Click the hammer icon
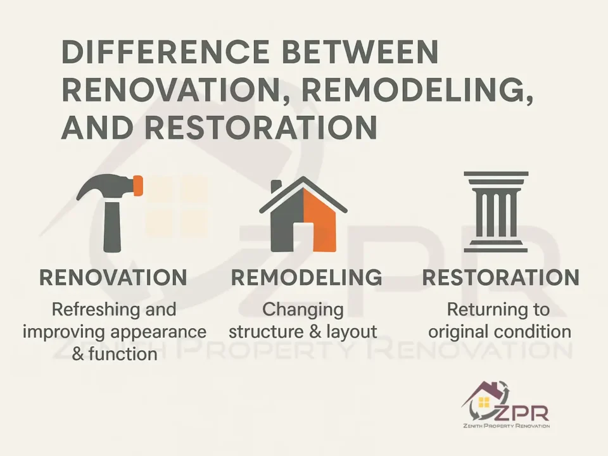[x=111, y=212]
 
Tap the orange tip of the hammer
[x=138, y=186]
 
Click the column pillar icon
[x=495, y=212]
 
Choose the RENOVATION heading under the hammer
[x=113, y=277]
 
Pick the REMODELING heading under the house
[x=306, y=277]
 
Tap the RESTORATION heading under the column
[x=500, y=277]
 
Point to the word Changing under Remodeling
[x=303, y=310]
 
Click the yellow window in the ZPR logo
[x=484, y=402]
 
